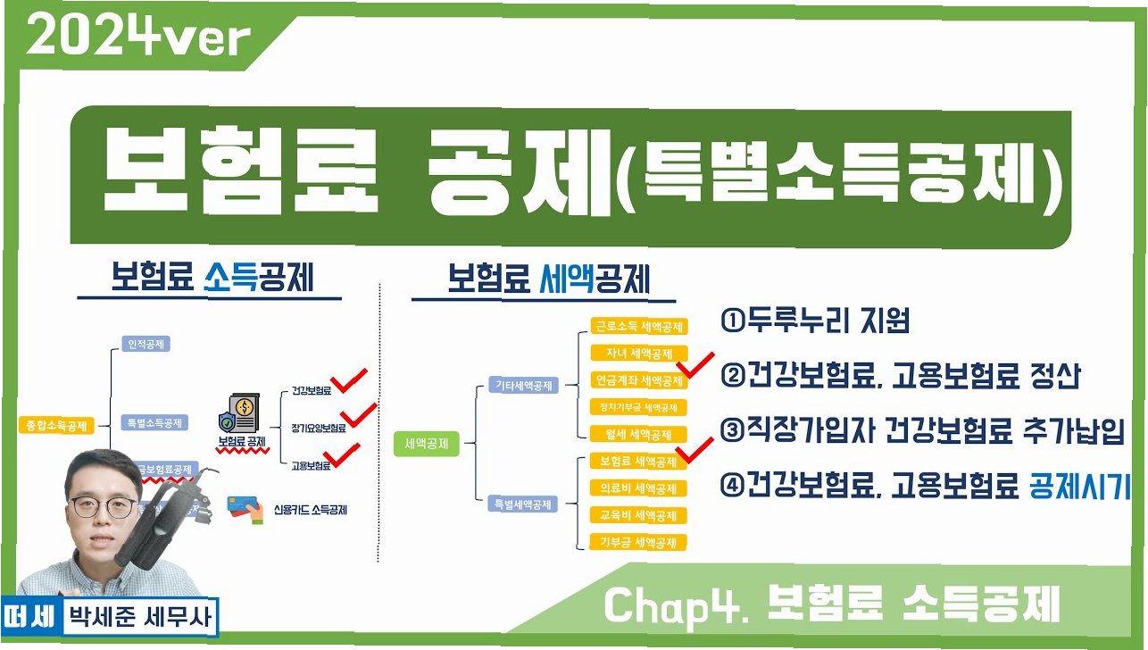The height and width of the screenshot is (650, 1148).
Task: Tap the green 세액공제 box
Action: [427, 442]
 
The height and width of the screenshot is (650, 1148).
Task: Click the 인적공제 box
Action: [144, 343]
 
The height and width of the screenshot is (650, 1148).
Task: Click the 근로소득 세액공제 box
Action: [638, 327]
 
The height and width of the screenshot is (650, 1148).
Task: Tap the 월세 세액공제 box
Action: [637, 435]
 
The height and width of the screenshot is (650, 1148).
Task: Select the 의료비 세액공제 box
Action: [637, 488]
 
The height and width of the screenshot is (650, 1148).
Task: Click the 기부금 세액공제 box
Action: [637, 542]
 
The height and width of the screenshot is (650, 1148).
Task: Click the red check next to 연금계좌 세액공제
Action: [696, 365]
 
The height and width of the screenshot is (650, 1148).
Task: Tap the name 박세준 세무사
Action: [139, 616]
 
